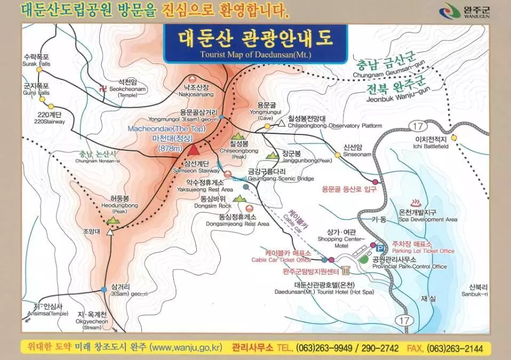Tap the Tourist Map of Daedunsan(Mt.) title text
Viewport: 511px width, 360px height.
pos(255,54)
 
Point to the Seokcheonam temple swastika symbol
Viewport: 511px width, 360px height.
pos(102,89)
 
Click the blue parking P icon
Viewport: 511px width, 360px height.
pos(380,248)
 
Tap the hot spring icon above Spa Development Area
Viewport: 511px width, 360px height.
pos(416,203)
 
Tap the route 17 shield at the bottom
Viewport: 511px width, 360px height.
pos(403,320)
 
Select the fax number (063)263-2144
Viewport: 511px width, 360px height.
pos(453,348)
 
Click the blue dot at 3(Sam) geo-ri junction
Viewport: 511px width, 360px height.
pos(103,290)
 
